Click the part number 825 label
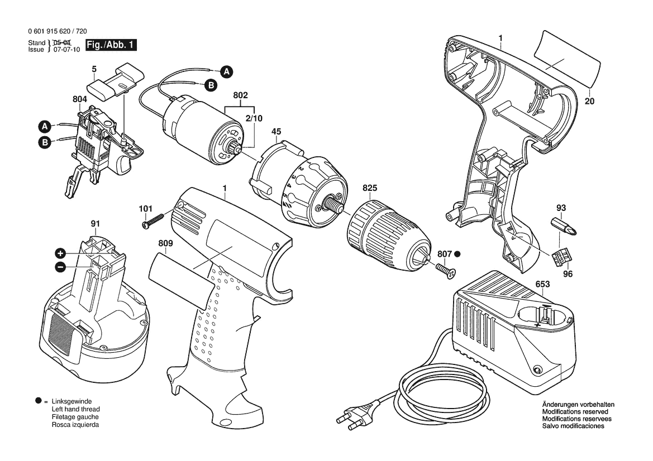click(x=369, y=188)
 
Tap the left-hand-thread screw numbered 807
click(x=446, y=270)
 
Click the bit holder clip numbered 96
click(x=561, y=257)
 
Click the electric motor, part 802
click(x=202, y=130)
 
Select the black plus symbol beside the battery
click(x=60, y=253)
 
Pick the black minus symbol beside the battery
click(x=60, y=267)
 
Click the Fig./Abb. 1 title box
click(x=111, y=45)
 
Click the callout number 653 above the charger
click(x=542, y=284)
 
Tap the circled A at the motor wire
click(x=226, y=71)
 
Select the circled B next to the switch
click(x=45, y=142)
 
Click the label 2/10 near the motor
click(x=254, y=118)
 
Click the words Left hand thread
click(x=76, y=410)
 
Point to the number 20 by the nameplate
click(x=589, y=101)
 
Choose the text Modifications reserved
click(x=575, y=412)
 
